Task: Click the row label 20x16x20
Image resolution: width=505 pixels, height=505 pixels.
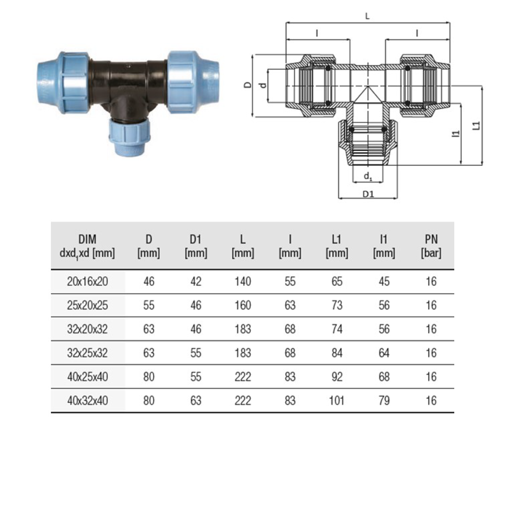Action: [x=87, y=281]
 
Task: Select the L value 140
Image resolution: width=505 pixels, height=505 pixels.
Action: [x=243, y=281]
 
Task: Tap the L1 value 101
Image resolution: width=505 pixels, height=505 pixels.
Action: [x=337, y=401]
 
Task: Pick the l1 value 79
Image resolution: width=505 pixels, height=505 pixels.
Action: [x=384, y=401]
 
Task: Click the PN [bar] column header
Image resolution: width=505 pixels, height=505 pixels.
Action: [x=431, y=246]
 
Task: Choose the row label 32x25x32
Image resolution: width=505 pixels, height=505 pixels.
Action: [x=87, y=353]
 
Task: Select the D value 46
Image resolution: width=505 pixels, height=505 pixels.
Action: [x=149, y=281]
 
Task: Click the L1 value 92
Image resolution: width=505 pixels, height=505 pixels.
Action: [x=337, y=377]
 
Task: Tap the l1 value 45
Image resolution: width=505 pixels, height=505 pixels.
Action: [x=384, y=281]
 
